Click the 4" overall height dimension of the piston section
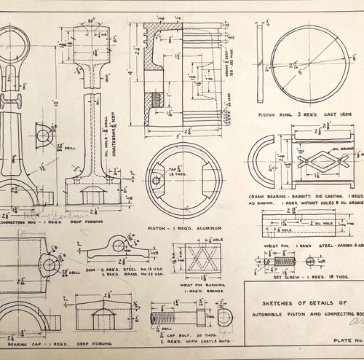point(130,74)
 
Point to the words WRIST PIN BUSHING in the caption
point(194,286)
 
